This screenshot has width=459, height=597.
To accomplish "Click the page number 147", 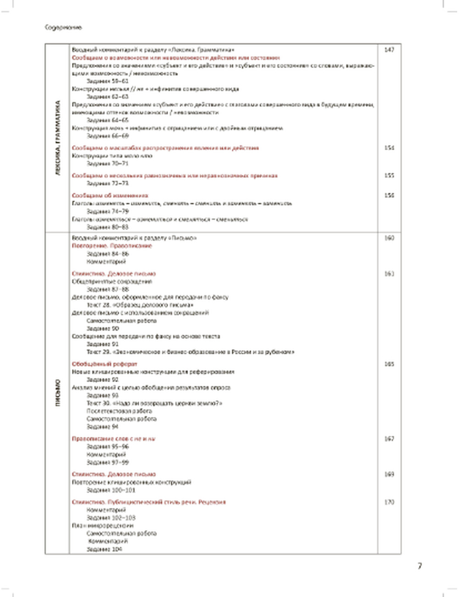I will pyautogui.click(x=389, y=50).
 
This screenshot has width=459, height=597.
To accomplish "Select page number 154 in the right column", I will pyautogui.click(x=389, y=148).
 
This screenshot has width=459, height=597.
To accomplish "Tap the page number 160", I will pyautogui.click(x=389, y=238).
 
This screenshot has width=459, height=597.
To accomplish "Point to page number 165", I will pyautogui.click(x=389, y=364).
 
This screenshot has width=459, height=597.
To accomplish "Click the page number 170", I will pyautogui.click(x=389, y=502).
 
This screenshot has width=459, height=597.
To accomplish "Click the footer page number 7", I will pyautogui.click(x=420, y=566).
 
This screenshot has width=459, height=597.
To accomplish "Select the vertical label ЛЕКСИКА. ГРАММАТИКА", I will pyautogui.click(x=57, y=138).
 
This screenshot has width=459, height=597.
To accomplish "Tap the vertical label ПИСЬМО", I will pyautogui.click(x=58, y=393).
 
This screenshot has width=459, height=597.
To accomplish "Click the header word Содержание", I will pyautogui.click(x=63, y=28).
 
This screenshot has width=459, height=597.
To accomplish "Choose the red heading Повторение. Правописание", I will pyautogui.click(x=112, y=246).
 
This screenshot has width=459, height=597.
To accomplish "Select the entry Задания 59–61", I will pyautogui.click(x=101, y=81).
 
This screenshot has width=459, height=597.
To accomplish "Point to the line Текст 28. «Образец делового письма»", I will pyautogui.click(x=140, y=305).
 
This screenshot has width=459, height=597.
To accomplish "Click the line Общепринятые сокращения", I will pyautogui.click(x=112, y=282).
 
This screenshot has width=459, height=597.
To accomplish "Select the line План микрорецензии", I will pyautogui.click(x=103, y=525).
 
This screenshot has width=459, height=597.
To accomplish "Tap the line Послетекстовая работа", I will pyautogui.click(x=119, y=411).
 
